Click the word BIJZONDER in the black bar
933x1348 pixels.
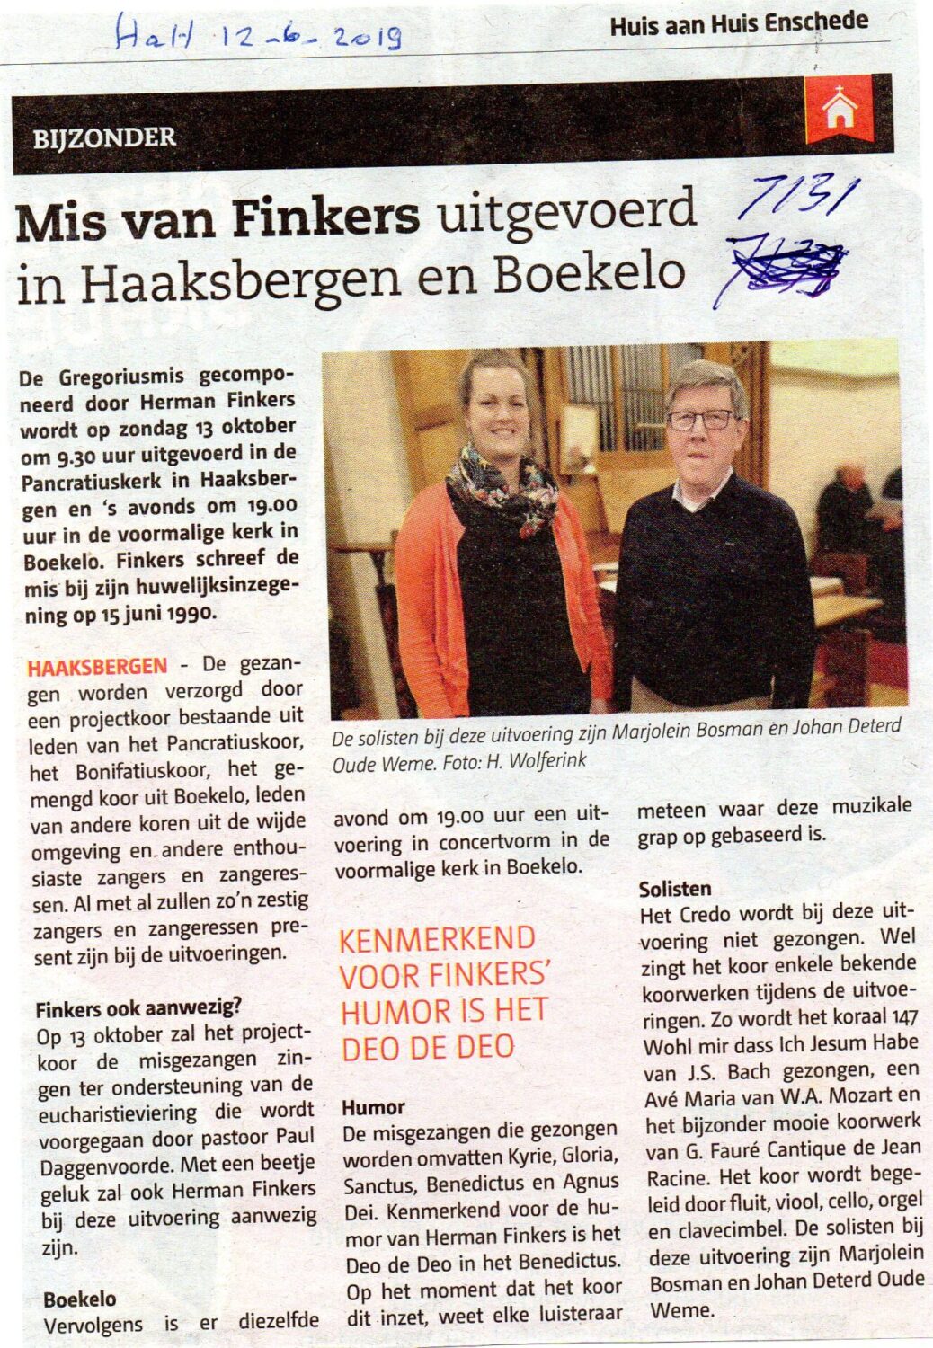coord(104,138)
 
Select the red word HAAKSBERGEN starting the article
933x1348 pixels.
coord(97,667)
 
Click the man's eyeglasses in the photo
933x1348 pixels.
coord(701,420)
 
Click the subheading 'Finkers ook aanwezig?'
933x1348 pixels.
coord(138,1008)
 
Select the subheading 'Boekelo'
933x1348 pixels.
coord(79,1299)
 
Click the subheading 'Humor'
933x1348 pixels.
coord(373,1107)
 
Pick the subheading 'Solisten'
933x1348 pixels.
coord(674,889)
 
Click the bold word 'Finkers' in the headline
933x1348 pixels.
coord(326,218)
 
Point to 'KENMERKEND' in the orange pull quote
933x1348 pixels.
coord(437,939)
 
